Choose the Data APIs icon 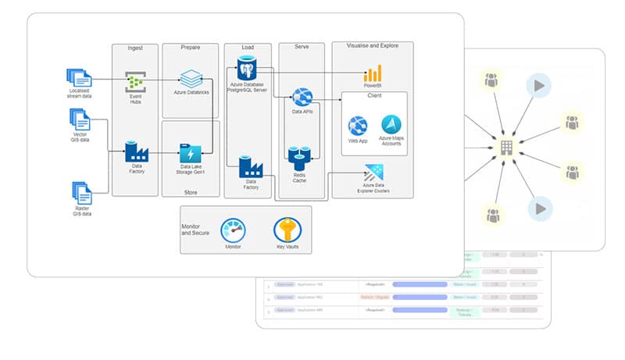pos(302,98)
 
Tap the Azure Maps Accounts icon pos(391,124)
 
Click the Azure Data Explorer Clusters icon pos(373,173)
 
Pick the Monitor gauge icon pos(233,230)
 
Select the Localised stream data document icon pos(80,77)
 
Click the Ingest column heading pos(135,48)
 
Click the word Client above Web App pos(373,96)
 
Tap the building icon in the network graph pos(507,146)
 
